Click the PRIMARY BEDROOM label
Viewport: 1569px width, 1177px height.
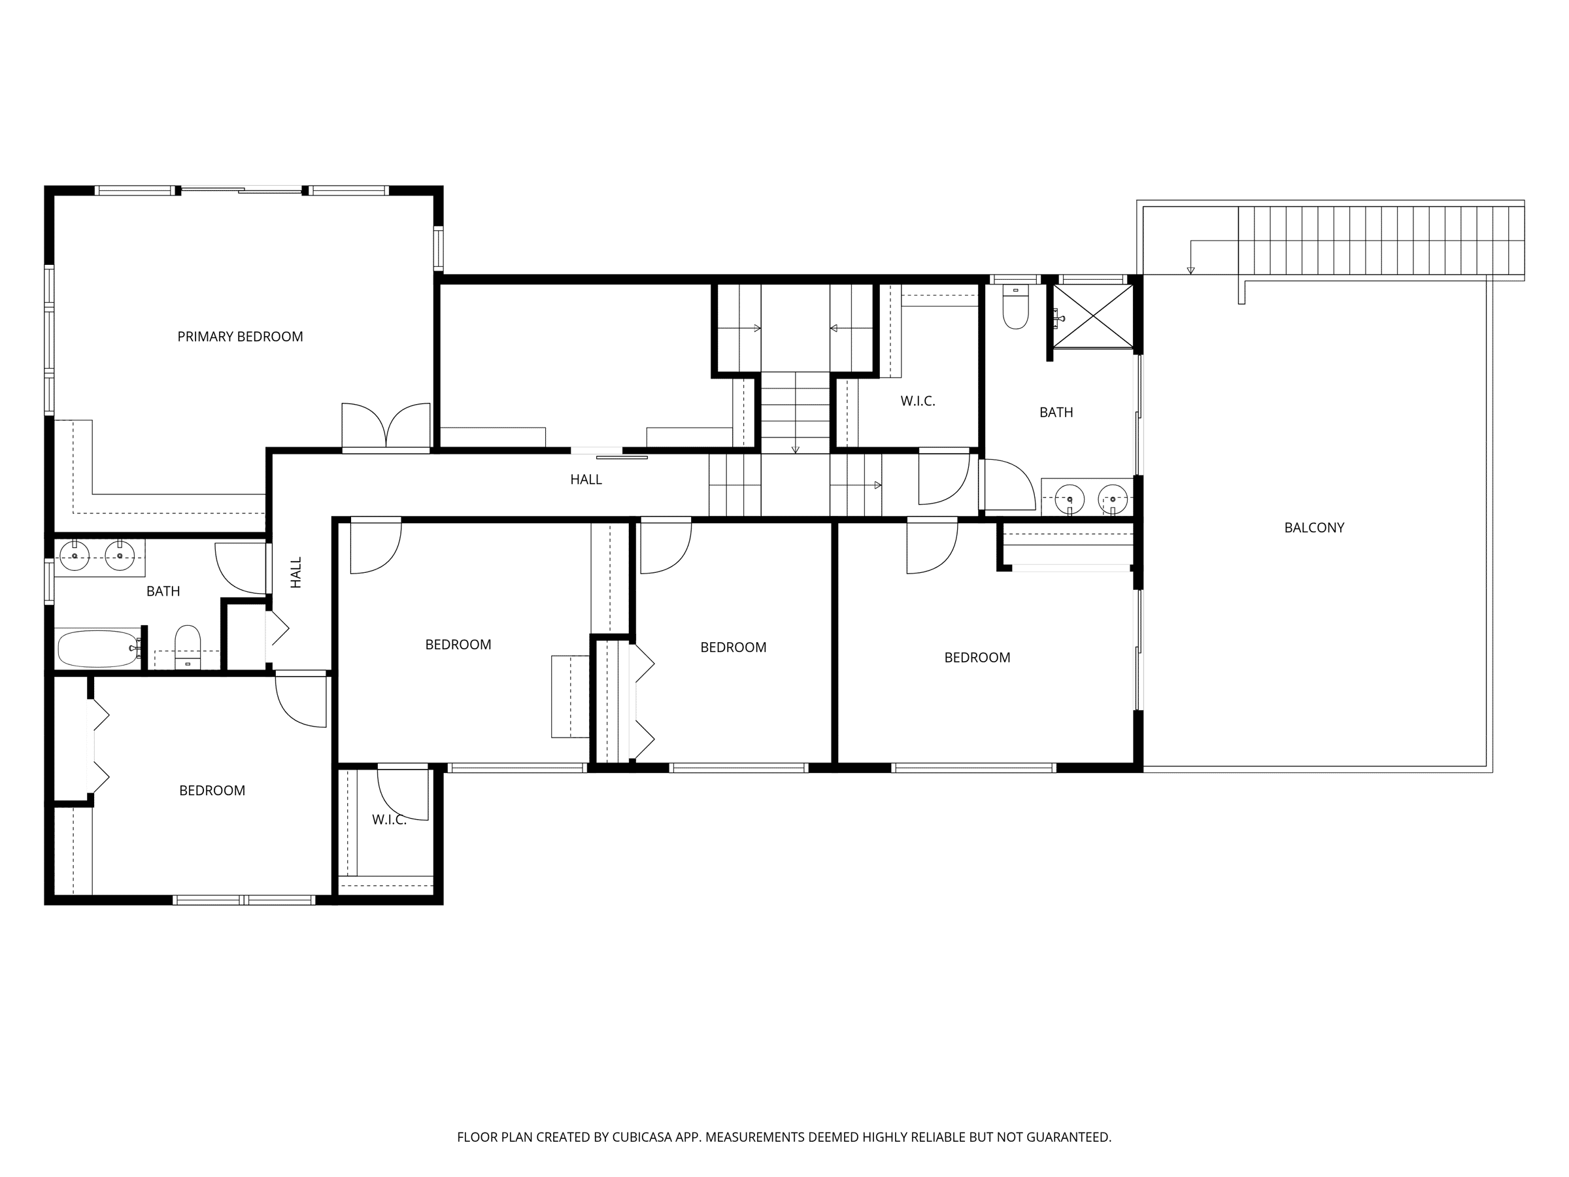coord(240,336)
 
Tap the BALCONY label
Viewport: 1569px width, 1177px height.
coord(1313,527)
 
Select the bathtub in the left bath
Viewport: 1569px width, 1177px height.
coord(98,649)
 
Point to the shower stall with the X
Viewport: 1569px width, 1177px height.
coord(1093,316)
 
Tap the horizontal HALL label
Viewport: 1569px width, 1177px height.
coord(586,479)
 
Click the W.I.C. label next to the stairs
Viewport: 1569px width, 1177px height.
coord(918,401)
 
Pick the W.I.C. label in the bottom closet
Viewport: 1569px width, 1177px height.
coord(390,820)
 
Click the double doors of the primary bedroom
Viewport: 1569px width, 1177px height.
coord(386,426)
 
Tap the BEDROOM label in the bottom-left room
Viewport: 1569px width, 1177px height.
coord(212,791)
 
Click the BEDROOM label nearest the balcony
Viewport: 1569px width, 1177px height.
coord(977,658)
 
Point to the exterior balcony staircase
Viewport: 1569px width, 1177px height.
coord(1381,241)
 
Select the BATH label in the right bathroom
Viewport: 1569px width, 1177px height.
coord(1056,412)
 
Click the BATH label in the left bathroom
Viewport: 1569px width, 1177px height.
coord(163,591)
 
